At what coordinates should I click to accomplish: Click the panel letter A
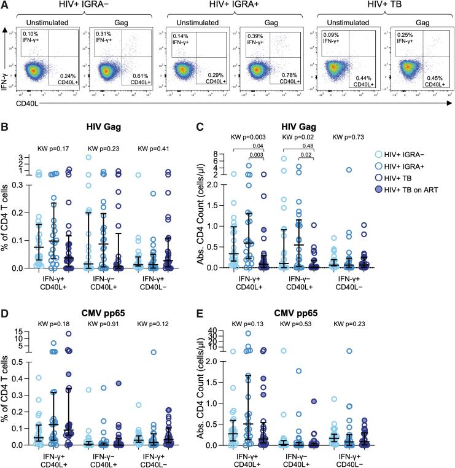pyautogui.click(x=5, y=6)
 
